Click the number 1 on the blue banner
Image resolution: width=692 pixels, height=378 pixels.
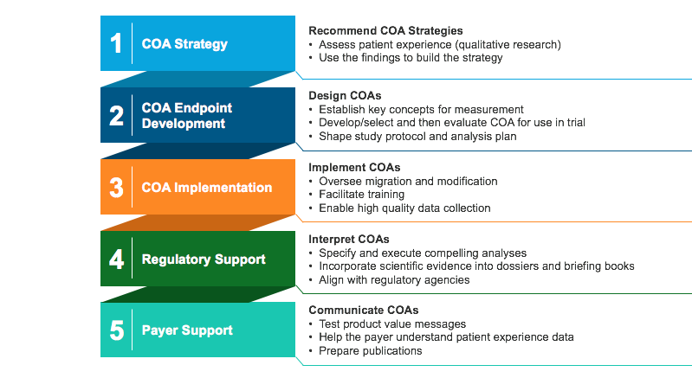[116, 43]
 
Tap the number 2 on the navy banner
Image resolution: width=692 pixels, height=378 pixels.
[117, 115]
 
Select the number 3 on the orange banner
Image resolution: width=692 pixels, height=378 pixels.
[117, 187]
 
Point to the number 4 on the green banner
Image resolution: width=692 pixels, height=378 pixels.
[117, 259]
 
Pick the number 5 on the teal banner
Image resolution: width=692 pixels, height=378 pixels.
[117, 330]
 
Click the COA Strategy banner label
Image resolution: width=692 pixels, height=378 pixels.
[184, 44]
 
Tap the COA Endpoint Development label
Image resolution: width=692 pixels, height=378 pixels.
[187, 115]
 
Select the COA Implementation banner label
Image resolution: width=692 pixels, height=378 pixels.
[206, 188]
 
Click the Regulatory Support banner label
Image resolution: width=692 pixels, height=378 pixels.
[204, 259]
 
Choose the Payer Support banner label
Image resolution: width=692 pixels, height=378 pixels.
[187, 330]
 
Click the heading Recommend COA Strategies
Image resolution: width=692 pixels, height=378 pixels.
[385, 30]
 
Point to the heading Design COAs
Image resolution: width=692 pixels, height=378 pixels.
[345, 96]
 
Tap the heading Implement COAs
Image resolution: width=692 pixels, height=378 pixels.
[354, 168]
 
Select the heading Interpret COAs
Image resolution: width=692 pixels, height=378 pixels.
[349, 240]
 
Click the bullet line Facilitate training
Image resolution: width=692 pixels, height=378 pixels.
[361, 195]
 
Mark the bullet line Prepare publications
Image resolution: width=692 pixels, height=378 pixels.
[371, 350]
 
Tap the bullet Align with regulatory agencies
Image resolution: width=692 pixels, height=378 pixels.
[394, 279]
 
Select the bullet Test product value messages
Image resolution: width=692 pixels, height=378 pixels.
[392, 324]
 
